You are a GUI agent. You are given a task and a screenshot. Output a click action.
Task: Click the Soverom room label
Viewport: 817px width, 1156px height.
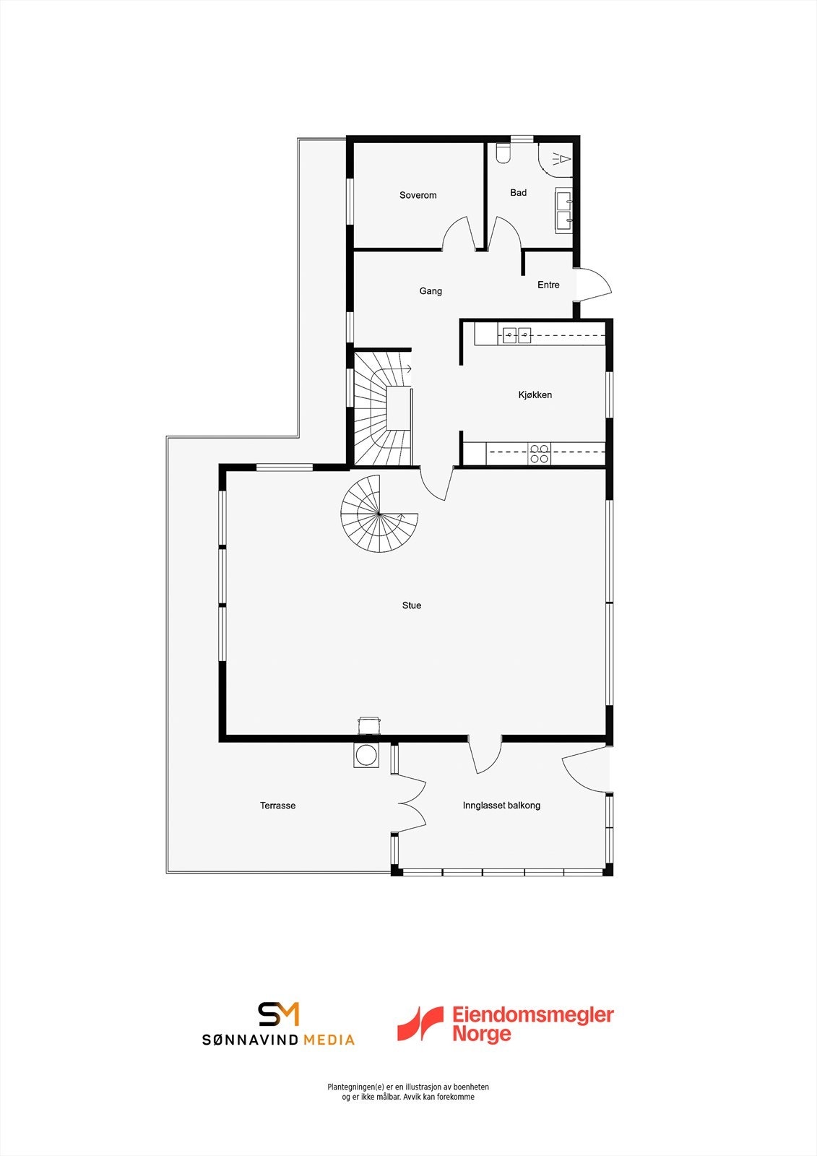pyautogui.click(x=418, y=195)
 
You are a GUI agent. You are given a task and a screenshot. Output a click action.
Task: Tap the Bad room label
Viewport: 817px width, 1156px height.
pyautogui.click(x=518, y=193)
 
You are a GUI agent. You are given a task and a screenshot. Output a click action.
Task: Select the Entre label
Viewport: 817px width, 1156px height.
pyautogui.click(x=548, y=285)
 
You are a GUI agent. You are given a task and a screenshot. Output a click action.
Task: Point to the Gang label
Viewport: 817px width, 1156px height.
pyautogui.click(x=431, y=291)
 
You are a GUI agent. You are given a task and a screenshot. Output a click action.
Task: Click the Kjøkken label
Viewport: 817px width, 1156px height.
pyautogui.click(x=535, y=395)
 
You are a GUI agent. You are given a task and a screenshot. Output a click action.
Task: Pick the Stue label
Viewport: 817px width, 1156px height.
pyautogui.click(x=412, y=605)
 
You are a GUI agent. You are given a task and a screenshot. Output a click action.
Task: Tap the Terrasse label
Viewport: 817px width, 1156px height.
pyautogui.click(x=277, y=806)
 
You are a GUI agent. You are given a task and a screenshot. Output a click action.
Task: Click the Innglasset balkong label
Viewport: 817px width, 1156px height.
pyautogui.click(x=501, y=806)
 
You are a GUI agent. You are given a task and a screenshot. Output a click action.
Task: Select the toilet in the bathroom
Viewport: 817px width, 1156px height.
pyautogui.click(x=503, y=153)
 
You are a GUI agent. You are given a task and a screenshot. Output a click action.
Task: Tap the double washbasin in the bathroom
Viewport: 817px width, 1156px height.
pyautogui.click(x=564, y=210)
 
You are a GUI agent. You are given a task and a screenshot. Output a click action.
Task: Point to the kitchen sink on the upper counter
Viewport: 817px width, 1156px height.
pyautogui.click(x=516, y=335)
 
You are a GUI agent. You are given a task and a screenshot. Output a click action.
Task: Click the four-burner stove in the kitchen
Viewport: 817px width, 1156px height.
pyautogui.click(x=540, y=454)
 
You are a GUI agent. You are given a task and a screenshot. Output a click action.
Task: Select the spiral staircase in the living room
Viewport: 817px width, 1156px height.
pyautogui.click(x=378, y=514)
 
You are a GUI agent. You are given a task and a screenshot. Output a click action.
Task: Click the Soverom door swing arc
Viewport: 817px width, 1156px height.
pyautogui.click(x=458, y=234)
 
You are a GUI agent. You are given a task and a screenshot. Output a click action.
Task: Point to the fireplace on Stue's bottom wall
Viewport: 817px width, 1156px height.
pyautogui.click(x=368, y=725)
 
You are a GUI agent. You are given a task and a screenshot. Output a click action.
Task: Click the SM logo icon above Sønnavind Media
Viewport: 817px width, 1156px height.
pyautogui.click(x=279, y=1014)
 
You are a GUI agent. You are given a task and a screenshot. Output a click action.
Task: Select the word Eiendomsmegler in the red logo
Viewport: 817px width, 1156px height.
pyautogui.click(x=532, y=1015)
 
